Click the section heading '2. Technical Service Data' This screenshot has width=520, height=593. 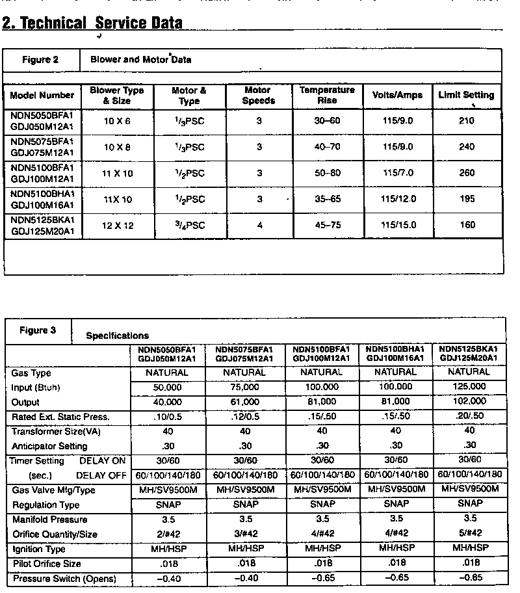tap(92, 23)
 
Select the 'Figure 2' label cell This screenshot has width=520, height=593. tap(40, 60)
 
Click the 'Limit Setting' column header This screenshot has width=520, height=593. tap(465, 95)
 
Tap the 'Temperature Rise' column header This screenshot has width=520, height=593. tap(327, 95)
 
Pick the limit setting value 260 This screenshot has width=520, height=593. tap(467, 173)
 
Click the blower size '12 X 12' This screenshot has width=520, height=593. tap(118, 225)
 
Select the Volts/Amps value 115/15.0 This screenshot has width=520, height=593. tap(398, 225)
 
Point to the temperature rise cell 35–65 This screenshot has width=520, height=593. tap(328, 199)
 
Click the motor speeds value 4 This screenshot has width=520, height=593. tap(259, 225)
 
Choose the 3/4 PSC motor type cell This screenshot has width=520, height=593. tap(189, 225)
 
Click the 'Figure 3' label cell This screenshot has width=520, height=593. tap(38, 330)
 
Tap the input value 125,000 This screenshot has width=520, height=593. tap(468, 387)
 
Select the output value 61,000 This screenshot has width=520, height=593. tap(244, 402)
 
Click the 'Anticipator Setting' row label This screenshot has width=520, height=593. tap(49, 446)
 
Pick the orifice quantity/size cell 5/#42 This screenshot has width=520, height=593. tap(468, 533)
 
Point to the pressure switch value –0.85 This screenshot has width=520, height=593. tap(468, 578)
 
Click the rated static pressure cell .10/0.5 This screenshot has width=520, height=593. tap(166, 417)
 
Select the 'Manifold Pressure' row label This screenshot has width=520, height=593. tap(49, 520)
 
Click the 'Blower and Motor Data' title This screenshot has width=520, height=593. tap(140, 60)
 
